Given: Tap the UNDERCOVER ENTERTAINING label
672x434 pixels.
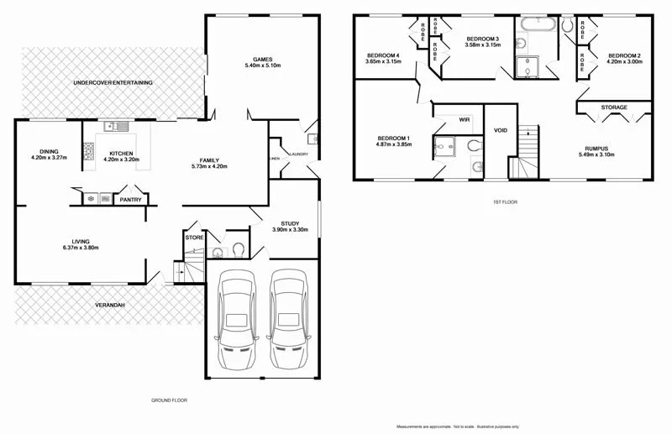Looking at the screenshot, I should [x=113, y=82].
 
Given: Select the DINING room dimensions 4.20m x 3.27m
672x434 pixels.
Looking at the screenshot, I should [x=49, y=158].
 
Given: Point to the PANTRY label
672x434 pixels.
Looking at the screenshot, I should [x=130, y=200].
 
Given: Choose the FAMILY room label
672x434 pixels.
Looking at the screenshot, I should [x=209, y=159].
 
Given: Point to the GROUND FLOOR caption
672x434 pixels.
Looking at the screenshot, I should [x=169, y=400].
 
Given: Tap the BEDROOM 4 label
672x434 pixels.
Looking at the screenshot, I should [x=382, y=55].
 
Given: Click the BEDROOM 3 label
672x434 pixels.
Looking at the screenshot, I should [x=482, y=39].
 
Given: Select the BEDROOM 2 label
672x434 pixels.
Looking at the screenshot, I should [x=624, y=55].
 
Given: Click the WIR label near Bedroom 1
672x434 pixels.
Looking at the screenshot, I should [x=464, y=119].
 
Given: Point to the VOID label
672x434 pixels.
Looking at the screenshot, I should [x=501, y=130].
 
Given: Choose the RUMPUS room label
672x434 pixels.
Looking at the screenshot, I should [x=596, y=149].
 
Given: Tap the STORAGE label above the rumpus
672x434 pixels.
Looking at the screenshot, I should [x=614, y=107].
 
